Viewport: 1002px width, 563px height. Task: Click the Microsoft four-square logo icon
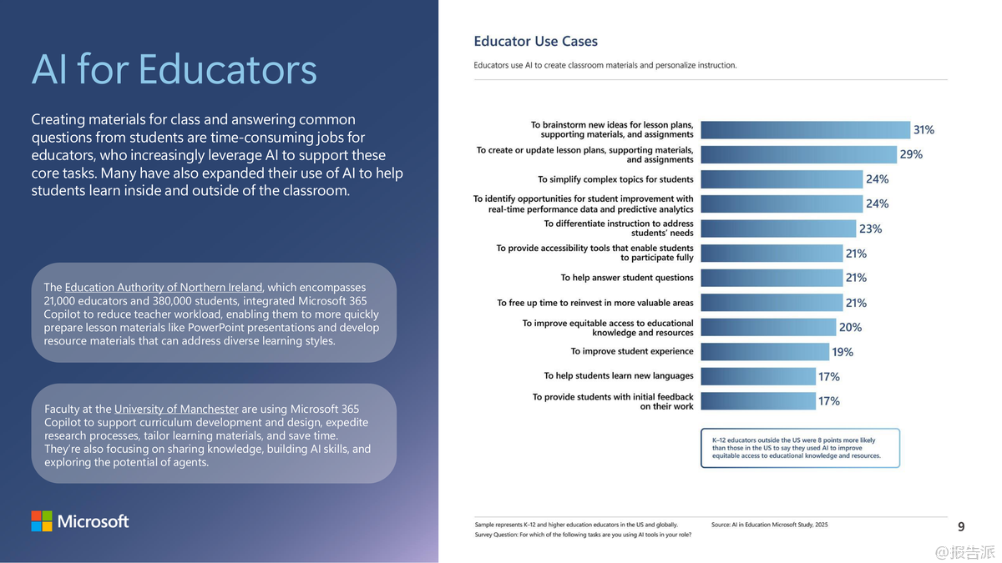42,521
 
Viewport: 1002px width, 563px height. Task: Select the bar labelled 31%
805,130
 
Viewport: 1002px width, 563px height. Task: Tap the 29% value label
911,154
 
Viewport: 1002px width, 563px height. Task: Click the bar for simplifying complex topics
781,179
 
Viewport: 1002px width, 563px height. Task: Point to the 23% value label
870,229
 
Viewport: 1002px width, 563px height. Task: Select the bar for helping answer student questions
772,278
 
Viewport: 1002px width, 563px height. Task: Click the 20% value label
850,327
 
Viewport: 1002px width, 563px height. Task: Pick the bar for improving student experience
765,352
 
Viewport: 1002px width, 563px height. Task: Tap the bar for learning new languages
758,376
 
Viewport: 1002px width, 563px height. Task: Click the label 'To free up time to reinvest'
595,303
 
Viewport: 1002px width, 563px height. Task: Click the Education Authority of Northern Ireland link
164,288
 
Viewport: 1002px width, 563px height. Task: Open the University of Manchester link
176,409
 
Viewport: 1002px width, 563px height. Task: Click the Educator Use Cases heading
535,41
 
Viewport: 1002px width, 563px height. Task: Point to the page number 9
961,526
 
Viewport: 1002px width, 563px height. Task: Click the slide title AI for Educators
174,69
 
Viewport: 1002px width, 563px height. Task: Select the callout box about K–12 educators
800,448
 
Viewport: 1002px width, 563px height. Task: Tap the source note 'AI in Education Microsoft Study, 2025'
769,525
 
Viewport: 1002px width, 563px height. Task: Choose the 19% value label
843,352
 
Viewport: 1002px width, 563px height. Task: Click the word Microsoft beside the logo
93,522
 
